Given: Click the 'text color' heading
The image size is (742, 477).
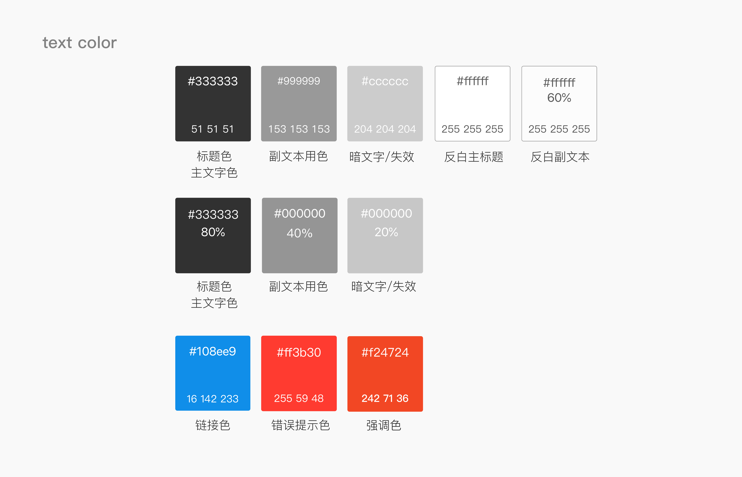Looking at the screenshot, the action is (x=80, y=43).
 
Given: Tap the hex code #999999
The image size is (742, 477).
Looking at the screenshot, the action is (x=299, y=81).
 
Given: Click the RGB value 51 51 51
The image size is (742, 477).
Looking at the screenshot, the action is (x=213, y=129).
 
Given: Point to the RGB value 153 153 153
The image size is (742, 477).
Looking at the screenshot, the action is (x=299, y=129).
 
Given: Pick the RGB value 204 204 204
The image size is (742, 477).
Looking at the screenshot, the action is (x=385, y=129).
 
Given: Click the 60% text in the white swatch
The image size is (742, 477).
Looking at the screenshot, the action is (x=559, y=98).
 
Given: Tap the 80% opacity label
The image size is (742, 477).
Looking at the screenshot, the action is (x=213, y=232).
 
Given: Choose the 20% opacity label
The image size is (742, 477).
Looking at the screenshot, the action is (x=386, y=232).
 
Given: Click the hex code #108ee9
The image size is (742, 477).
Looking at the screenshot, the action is (x=213, y=351).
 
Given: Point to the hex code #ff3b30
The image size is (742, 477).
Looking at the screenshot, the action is (x=299, y=352).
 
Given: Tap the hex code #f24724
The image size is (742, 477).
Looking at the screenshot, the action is (x=385, y=352).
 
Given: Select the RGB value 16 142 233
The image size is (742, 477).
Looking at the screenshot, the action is (x=213, y=399).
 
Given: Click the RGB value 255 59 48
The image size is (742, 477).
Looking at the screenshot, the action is (x=299, y=398).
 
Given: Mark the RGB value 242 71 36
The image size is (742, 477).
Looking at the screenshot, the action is (x=385, y=398).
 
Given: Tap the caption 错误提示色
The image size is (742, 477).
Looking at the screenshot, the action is (x=300, y=425).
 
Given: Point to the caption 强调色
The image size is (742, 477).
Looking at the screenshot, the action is (x=384, y=425).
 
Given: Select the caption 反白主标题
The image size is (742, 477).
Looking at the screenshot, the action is (x=474, y=157).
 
